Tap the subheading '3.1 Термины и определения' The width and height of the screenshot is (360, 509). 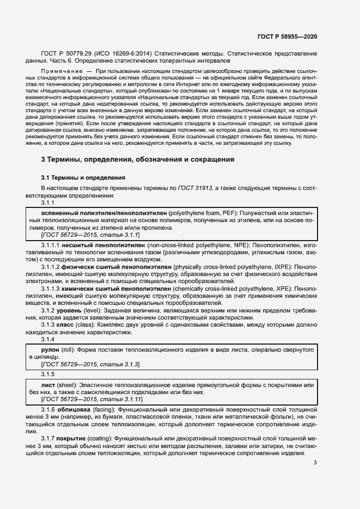[x=83, y=178]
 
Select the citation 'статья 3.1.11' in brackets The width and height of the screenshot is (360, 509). [x=115, y=399]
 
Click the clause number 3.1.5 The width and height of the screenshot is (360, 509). [x=48, y=374]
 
